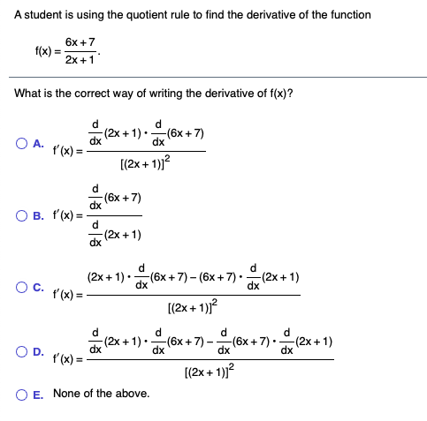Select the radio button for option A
click(20, 144)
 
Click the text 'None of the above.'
click(101, 393)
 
